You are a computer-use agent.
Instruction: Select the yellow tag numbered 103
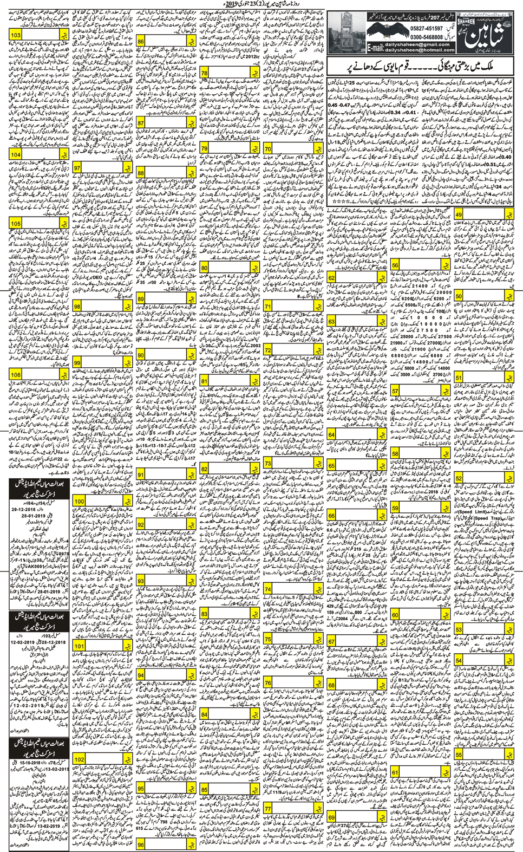point(16,35)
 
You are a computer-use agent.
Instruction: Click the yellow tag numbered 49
point(459,215)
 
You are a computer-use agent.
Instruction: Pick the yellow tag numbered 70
point(268,149)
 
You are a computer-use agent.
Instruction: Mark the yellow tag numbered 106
point(16,375)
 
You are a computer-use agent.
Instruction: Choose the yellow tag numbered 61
point(395,772)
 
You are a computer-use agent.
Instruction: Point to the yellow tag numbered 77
point(268,794)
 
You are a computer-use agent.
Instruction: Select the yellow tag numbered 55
point(459,755)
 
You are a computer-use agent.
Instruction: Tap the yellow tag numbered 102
point(79,760)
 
